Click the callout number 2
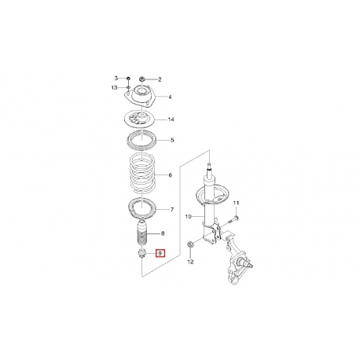point(160,79)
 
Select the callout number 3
point(116,78)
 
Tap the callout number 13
point(114,88)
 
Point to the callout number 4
point(170,97)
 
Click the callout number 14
point(171,119)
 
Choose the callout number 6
point(171,175)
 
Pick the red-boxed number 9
point(160,254)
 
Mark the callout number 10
point(189,217)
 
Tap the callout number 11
point(237,203)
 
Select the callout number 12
point(191,262)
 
